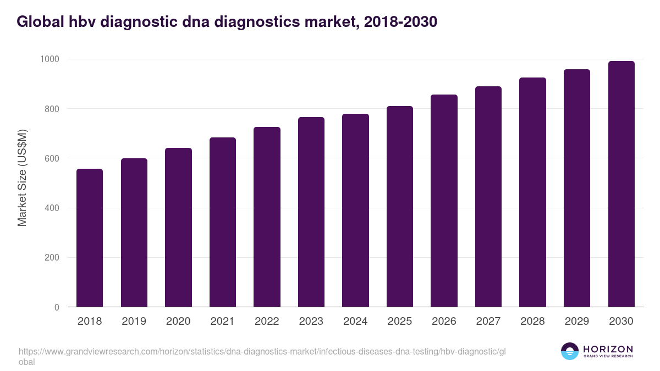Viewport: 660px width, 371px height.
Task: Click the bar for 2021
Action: (222, 222)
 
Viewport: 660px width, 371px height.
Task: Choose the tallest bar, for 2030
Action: (621, 184)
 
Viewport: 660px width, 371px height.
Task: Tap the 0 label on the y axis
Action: (57, 308)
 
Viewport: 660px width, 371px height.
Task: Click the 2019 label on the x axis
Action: (134, 322)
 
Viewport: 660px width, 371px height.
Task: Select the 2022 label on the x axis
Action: (267, 322)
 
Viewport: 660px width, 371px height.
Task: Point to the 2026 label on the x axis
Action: (444, 322)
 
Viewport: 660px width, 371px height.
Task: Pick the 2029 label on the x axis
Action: (577, 322)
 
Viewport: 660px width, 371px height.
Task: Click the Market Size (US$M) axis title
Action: (22, 178)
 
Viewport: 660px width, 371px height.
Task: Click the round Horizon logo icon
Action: (570, 351)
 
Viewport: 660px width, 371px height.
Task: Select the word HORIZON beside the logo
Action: (608, 349)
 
